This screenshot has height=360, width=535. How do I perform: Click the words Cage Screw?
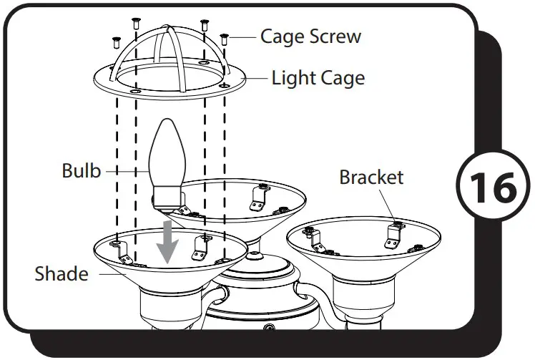coord(310,36)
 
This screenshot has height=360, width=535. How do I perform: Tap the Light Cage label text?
coord(318,77)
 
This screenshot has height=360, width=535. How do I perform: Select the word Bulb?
coord(81,171)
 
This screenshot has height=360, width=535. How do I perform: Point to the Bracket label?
coord(371,177)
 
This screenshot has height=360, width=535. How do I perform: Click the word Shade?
coord(61,273)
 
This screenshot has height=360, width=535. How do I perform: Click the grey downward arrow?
coord(169,243)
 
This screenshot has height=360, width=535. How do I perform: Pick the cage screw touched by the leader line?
coord(225,39)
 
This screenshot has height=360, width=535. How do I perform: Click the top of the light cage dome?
coord(169,30)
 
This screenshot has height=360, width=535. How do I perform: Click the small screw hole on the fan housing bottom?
coord(270,329)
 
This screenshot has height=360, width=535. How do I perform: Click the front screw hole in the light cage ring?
coord(137,91)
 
